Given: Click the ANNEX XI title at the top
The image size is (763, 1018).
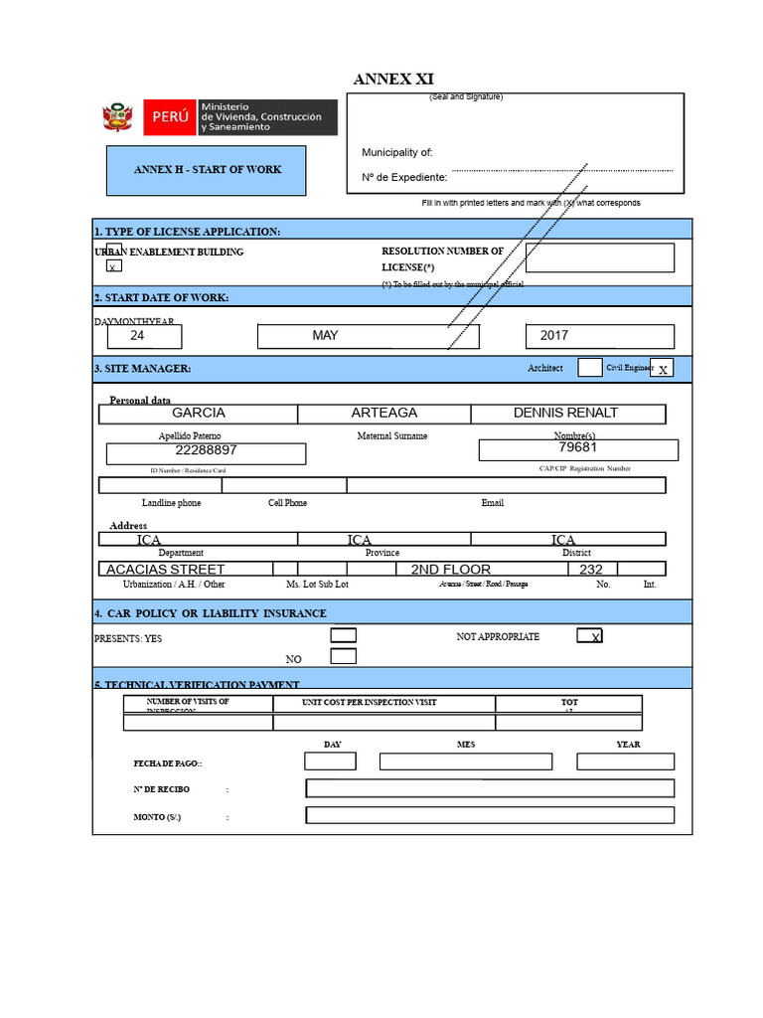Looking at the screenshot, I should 393,80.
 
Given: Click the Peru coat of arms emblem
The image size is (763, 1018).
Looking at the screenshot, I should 117,118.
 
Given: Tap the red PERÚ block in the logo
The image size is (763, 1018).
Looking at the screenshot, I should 170,117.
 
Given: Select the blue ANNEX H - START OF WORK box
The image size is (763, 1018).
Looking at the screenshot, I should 207,170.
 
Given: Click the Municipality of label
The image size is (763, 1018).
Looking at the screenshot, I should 396,152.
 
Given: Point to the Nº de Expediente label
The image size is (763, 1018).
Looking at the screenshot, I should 403,177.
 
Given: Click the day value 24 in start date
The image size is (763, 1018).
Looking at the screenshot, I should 137,336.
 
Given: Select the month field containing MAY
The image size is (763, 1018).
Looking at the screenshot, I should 368,336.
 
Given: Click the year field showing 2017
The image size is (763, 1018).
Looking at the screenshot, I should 599,336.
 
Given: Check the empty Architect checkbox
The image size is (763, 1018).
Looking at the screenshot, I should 589,368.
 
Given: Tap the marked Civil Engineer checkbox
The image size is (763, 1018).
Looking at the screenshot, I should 663,368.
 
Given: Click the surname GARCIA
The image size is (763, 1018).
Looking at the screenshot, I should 199,413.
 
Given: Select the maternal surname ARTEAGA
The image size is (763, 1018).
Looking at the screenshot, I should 383,413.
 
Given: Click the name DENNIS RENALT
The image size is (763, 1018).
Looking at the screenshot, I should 566,413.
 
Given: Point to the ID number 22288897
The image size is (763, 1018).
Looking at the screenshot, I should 206,450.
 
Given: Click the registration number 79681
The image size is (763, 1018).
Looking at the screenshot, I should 577,447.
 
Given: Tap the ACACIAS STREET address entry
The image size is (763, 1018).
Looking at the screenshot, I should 166,570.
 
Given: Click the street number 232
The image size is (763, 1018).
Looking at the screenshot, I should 591,570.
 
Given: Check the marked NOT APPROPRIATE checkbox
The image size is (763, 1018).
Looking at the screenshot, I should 589,636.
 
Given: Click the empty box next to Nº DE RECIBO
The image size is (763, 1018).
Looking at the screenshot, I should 490,788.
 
